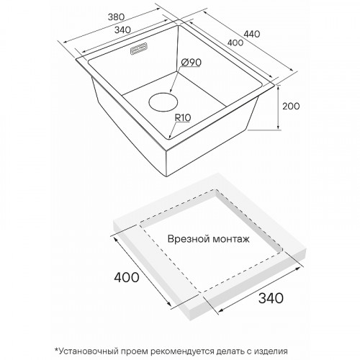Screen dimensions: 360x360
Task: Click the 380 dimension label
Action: point(117,17)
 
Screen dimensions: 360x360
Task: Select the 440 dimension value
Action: point(252,34)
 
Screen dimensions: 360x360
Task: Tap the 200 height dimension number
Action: point(291,106)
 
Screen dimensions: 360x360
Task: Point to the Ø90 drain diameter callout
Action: point(191,63)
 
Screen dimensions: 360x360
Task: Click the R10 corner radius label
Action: point(183,117)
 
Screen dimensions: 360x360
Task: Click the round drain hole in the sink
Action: point(163,102)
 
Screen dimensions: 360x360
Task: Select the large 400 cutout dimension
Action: point(127,277)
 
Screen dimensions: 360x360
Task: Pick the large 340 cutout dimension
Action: point(271,298)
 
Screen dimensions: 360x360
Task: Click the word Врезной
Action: point(185,239)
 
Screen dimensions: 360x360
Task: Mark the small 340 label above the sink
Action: point(122,30)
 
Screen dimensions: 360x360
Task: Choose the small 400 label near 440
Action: point(235,42)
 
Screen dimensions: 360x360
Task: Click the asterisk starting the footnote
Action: point(57,350)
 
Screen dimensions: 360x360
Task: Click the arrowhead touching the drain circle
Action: point(171,91)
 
